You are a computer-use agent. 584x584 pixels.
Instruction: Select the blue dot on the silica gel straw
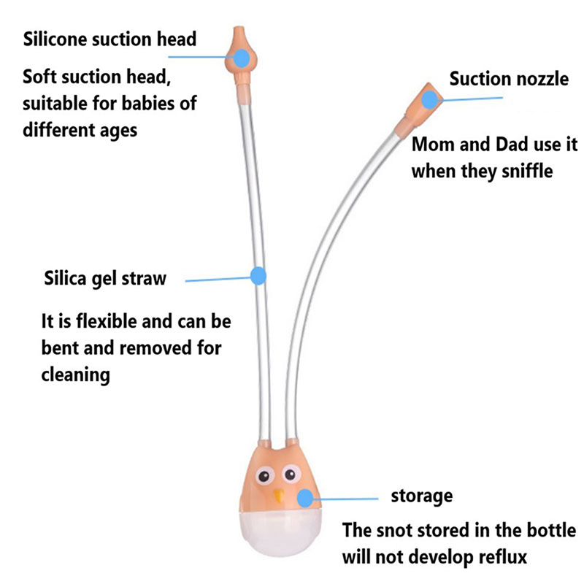(257, 276)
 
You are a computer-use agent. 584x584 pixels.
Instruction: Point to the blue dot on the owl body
(306, 498)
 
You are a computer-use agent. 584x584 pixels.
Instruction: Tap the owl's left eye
(265, 477)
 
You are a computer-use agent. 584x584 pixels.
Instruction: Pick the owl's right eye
(290, 476)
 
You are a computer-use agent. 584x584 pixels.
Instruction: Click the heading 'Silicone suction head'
(109, 38)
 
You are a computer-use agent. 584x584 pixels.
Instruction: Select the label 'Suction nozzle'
(508, 78)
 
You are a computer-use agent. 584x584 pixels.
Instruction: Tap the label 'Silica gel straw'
(105, 279)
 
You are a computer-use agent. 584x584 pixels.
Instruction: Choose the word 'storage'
(422, 496)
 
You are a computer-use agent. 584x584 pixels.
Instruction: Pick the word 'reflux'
(502, 556)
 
